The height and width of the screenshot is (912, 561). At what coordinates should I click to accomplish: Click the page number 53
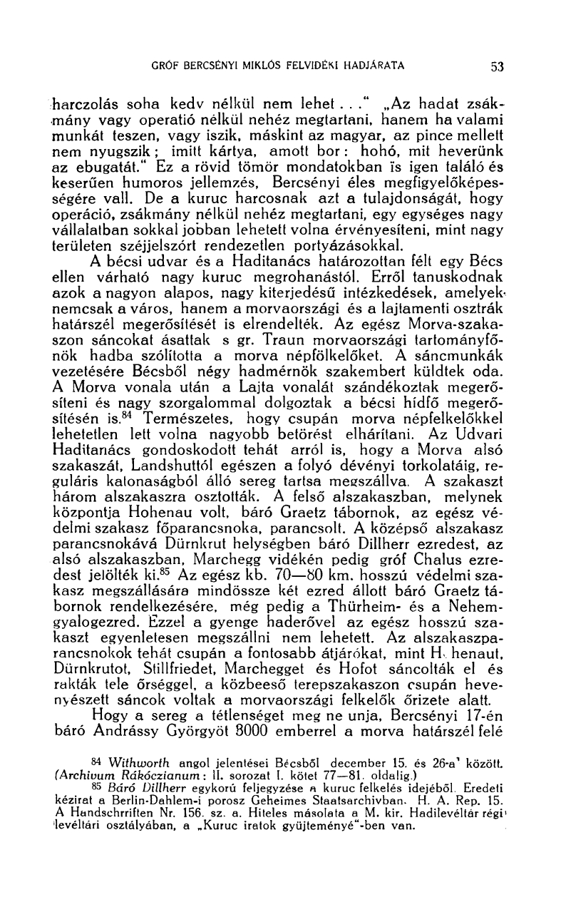point(497,66)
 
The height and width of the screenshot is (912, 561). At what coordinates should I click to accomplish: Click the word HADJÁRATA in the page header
point(374,66)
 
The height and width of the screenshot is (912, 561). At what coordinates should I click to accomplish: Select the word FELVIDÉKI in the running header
point(309,66)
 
